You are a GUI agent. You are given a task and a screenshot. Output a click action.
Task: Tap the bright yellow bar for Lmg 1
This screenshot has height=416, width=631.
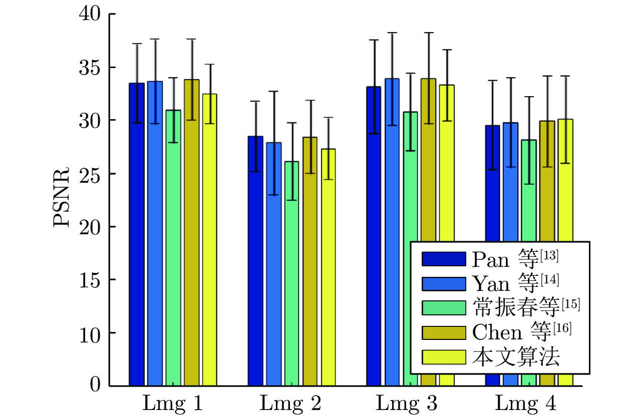209,240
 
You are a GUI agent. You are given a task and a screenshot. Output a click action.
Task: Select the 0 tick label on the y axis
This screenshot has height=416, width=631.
95,385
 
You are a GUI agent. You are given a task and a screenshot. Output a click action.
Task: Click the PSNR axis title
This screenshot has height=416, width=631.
62,199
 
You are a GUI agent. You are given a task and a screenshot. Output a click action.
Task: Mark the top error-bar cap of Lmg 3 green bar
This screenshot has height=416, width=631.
411,74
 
